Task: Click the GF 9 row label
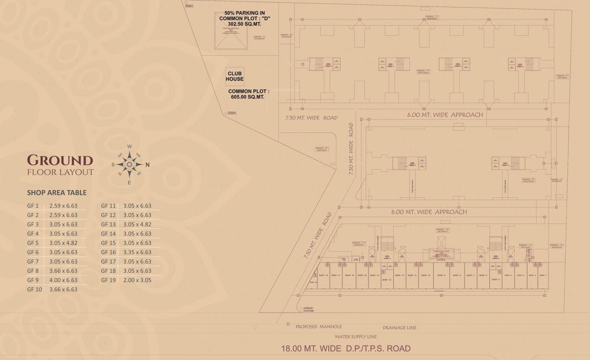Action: tap(33, 280)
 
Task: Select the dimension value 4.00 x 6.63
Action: tap(63, 280)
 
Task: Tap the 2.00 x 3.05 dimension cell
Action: tap(137, 280)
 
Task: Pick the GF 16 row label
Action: tap(108, 252)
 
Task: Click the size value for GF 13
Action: tap(137, 225)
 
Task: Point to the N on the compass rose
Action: tap(148, 165)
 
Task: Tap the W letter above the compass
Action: tap(130, 146)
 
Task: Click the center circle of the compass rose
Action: tap(130, 165)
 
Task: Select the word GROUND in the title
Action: tap(60, 160)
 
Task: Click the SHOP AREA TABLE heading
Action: tap(57, 193)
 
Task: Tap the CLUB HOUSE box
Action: tap(235, 76)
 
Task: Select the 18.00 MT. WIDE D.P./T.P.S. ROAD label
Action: tap(346, 348)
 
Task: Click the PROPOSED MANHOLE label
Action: tap(319, 327)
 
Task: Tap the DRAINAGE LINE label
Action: tap(399, 328)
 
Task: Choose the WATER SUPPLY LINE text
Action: tap(356, 337)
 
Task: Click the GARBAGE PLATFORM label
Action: tap(308, 309)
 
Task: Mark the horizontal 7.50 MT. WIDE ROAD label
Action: tap(311, 118)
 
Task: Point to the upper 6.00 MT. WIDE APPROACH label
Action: tap(445, 115)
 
